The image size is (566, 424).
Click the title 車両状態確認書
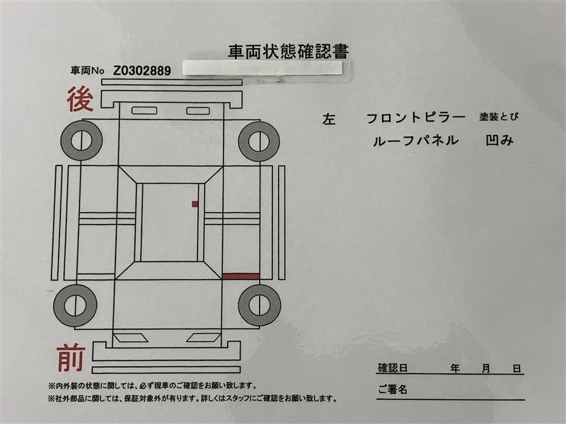click(x=289, y=52)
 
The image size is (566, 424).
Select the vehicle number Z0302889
click(x=142, y=71)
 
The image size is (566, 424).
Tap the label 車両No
click(x=87, y=70)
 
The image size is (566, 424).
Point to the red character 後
click(x=81, y=99)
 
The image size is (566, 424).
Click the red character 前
click(x=71, y=358)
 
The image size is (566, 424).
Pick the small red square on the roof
click(x=195, y=204)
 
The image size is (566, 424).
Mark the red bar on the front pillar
click(x=241, y=276)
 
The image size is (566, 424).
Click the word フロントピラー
click(x=416, y=118)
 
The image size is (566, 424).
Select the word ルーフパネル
click(x=415, y=141)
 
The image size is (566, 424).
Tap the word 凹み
click(x=499, y=140)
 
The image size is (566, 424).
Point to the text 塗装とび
click(x=499, y=117)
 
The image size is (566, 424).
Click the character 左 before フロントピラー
click(x=329, y=119)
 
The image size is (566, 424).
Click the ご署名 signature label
click(x=393, y=389)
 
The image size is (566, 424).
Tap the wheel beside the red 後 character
click(x=81, y=140)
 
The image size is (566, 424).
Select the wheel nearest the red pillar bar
click(x=259, y=305)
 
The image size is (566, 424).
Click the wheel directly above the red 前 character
click(x=76, y=306)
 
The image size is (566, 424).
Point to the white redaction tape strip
click(x=262, y=68)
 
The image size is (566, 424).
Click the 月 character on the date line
click(x=486, y=368)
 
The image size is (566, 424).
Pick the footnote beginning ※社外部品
click(x=192, y=399)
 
